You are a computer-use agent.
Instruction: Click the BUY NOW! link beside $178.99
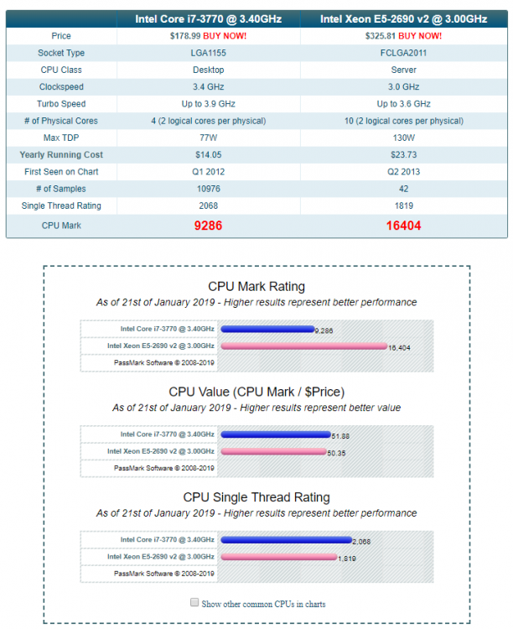pyautogui.click(x=225, y=36)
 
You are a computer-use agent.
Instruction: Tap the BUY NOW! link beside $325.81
pyautogui.click(x=420, y=36)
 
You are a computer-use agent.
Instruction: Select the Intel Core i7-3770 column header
pyautogui.click(x=209, y=18)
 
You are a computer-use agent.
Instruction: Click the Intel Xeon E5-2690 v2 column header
pyautogui.click(x=404, y=18)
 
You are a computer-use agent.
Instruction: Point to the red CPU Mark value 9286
pyautogui.click(x=208, y=226)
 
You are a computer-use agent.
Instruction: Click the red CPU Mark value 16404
pyautogui.click(x=403, y=226)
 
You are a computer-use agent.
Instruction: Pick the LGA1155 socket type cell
pyautogui.click(x=208, y=53)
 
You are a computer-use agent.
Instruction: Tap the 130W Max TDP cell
pyautogui.click(x=403, y=138)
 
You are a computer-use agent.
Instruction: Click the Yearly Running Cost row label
pyautogui.click(x=61, y=155)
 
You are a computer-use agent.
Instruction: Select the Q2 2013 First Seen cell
pyautogui.click(x=403, y=172)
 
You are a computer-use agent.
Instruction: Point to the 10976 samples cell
pyautogui.click(x=208, y=189)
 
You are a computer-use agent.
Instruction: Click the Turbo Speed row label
pyautogui.click(x=61, y=104)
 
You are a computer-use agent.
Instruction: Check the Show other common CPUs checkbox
pyautogui.click(x=194, y=602)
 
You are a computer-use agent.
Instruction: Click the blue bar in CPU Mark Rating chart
pyautogui.click(x=267, y=330)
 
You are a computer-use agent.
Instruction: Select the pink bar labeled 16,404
pyautogui.click(x=304, y=346)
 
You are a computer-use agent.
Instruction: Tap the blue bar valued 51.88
pyautogui.click(x=276, y=434)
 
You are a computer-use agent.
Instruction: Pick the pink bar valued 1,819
pyautogui.click(x=279, y=557)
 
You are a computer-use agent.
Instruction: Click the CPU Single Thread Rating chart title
pyautogui.click(x=256, y=497)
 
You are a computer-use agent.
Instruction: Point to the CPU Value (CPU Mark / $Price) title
pyautogui.click(x=256, y=392)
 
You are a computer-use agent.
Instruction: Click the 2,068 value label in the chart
pyautogui.click(x=361, y=542)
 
